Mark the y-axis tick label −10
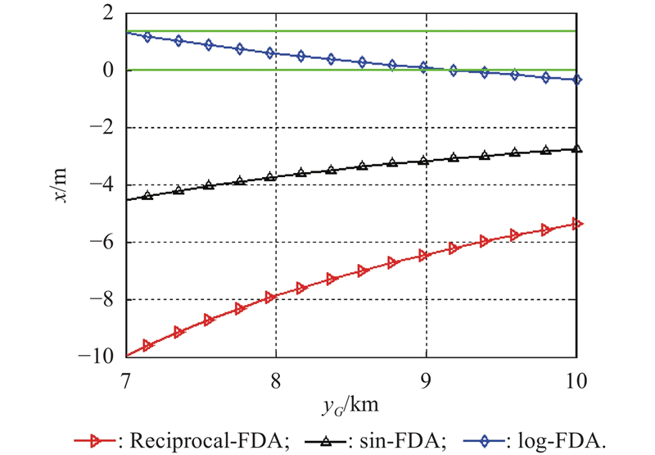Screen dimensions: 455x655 click(98, 357)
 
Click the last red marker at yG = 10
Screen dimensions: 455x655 click(576, 224)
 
